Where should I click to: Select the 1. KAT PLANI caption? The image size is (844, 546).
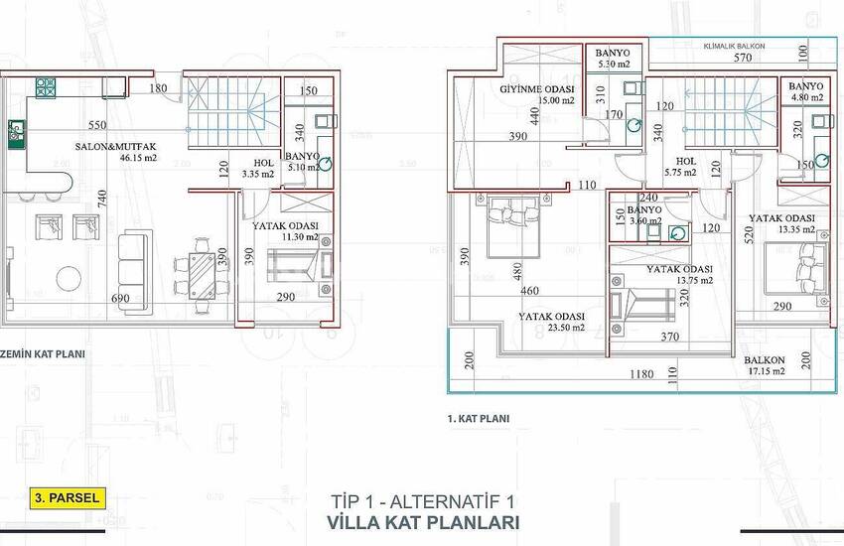pos(480,419)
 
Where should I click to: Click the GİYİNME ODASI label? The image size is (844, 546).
pos(535,89)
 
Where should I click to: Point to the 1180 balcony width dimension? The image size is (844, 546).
pos(639,375)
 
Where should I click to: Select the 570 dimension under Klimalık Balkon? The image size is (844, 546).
pos(714,58)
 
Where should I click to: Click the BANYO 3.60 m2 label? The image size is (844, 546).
pos(644,210)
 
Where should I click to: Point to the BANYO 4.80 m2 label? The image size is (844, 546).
pos(802,87)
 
